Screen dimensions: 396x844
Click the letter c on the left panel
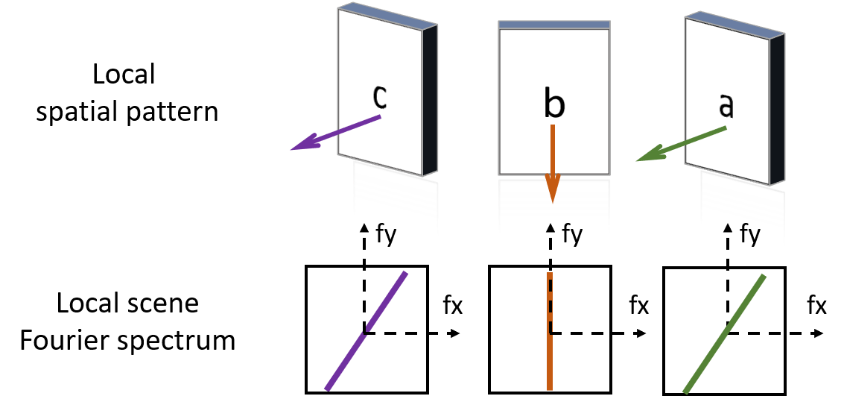(x=380, y=97)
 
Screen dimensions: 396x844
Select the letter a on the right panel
(x=726, y=107)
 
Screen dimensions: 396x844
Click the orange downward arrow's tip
(x=552, y=199)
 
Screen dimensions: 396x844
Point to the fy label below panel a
(x=749, y=233)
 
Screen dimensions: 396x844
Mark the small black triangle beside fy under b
(x=550, y=228)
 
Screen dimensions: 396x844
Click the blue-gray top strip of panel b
(x=554, y=25)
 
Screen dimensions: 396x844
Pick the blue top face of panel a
(x=734, y=22)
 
